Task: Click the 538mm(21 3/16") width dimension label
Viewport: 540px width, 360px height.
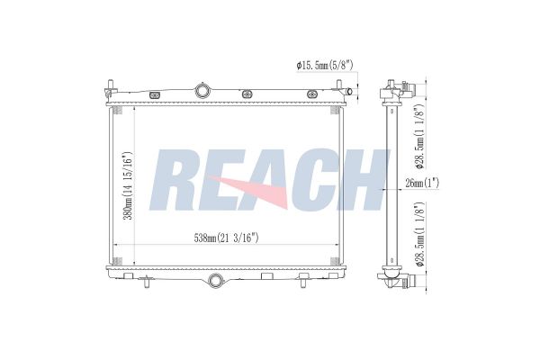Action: click(226, 238)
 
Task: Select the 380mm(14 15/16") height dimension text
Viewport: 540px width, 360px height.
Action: click(128, 185)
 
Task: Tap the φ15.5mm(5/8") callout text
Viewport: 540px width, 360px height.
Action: click(324, 65)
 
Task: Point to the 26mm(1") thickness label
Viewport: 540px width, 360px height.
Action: click(422, 183)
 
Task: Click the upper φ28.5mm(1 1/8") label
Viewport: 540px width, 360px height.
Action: click(419, 137)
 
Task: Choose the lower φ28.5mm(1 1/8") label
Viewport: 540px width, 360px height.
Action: click(419, 234)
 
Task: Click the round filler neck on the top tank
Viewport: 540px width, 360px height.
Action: click(202, 91)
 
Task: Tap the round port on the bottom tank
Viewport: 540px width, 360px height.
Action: click(216, 280)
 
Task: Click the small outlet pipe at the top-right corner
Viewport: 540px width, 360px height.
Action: click(348, 91)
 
